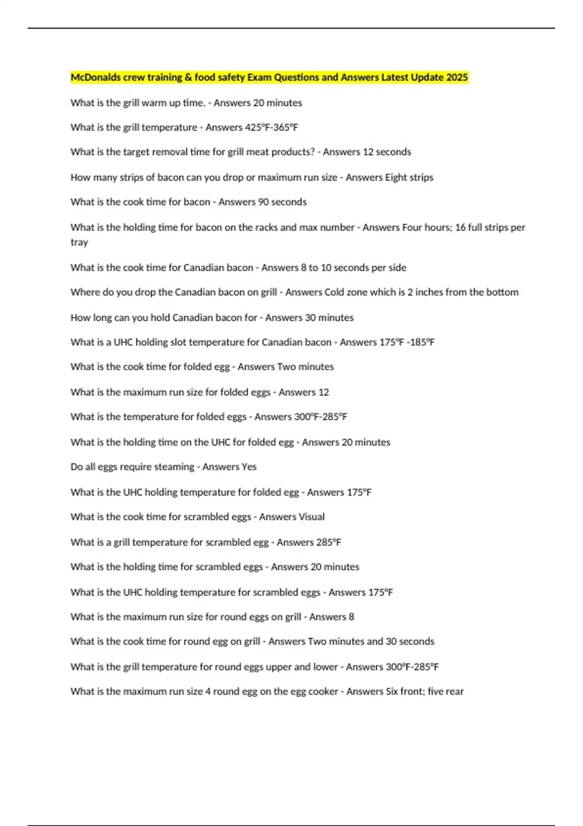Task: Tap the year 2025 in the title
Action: tap(457, 77)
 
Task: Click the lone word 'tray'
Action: tap(79, 242)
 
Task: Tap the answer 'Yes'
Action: tap(249, 467)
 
